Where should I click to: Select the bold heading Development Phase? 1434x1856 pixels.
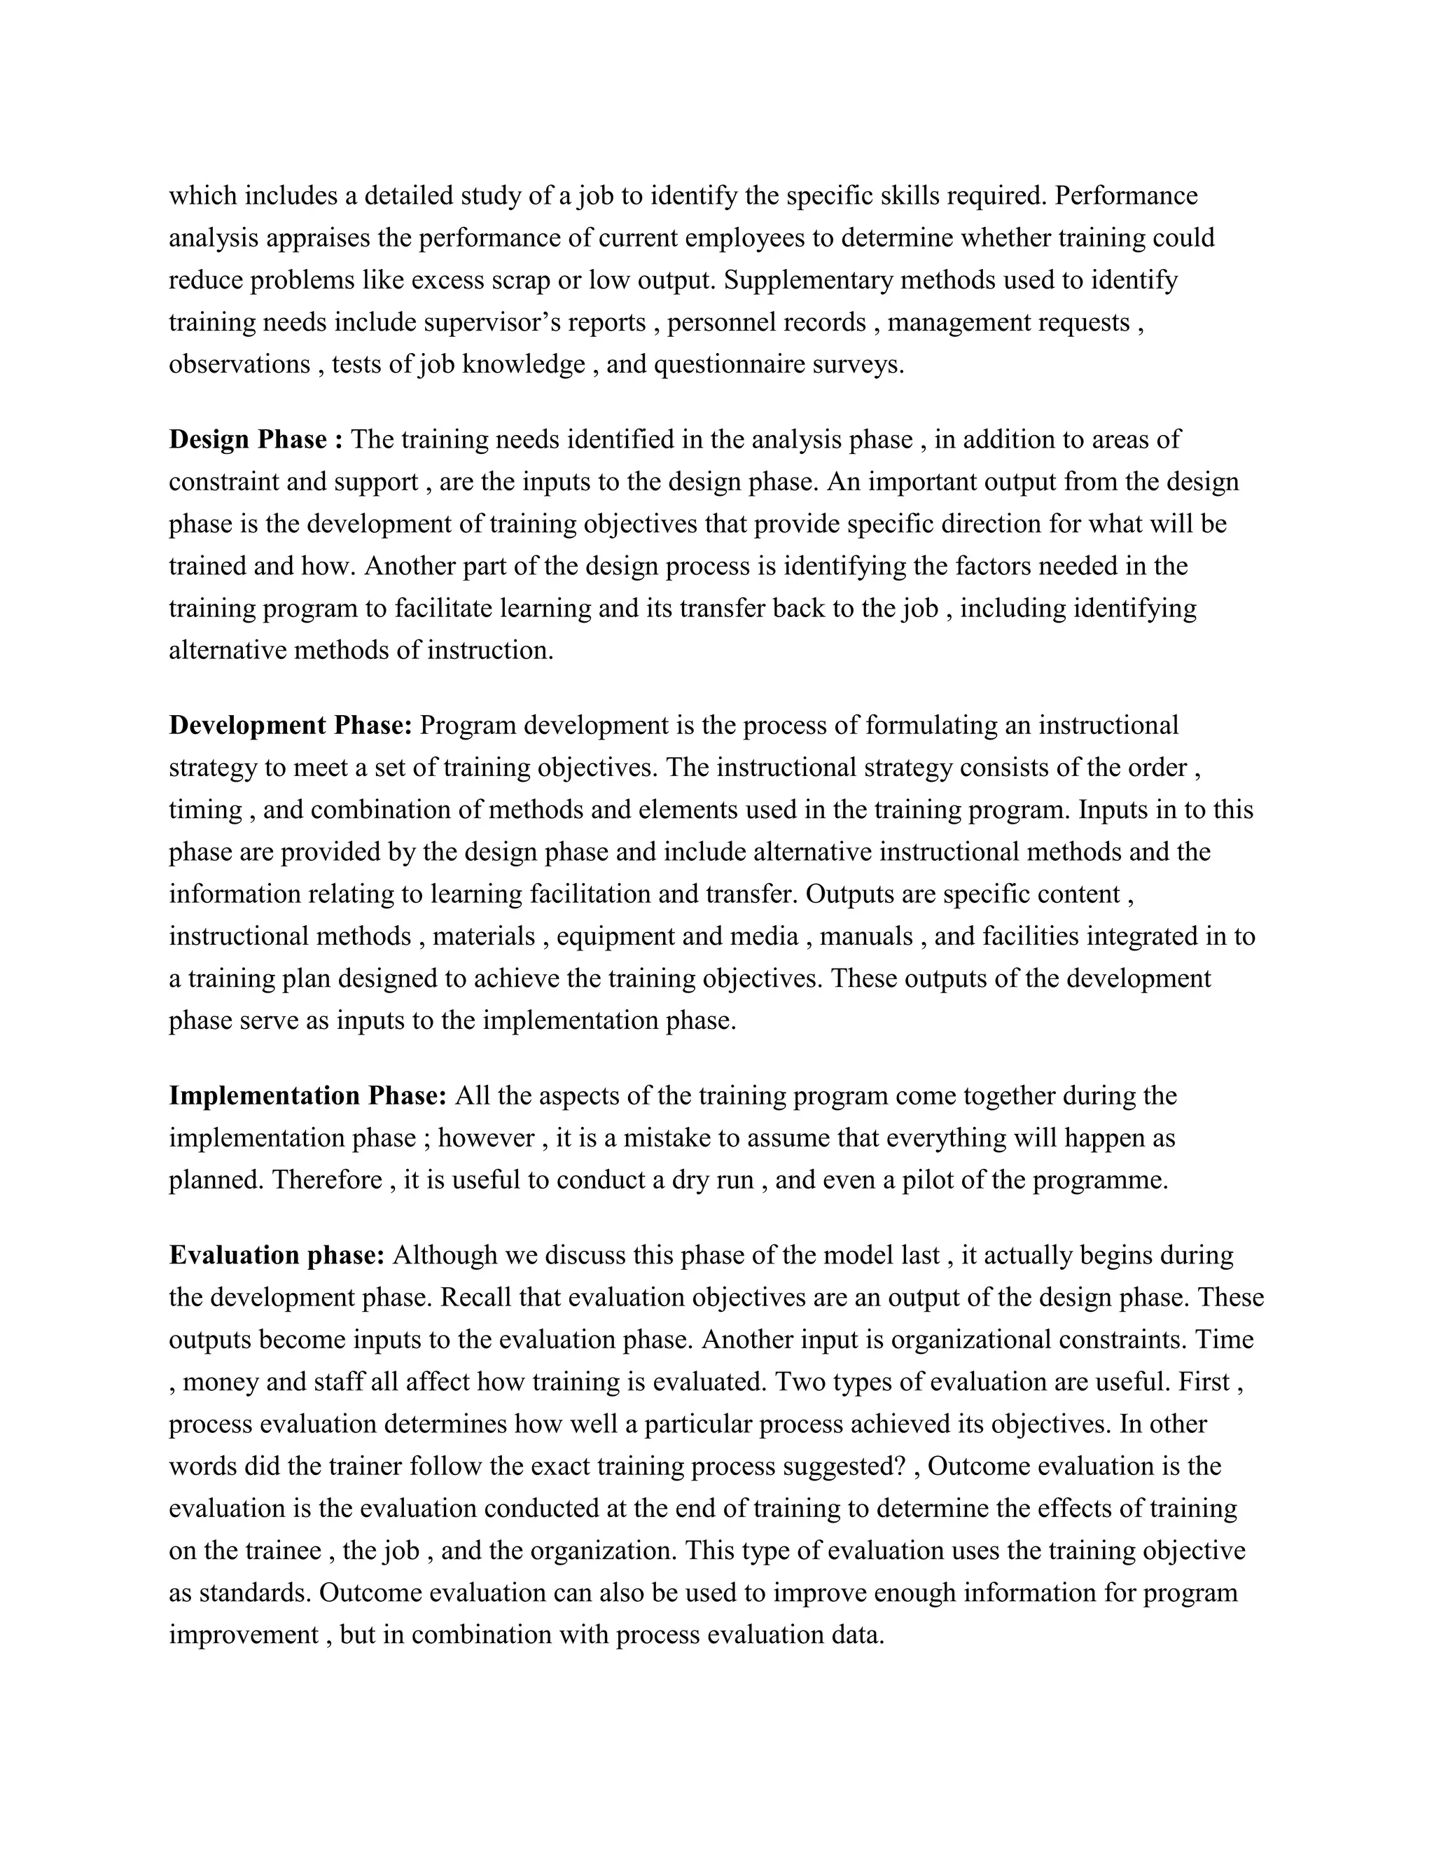coord(291,725)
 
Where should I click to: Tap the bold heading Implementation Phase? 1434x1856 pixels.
coord(307,1095)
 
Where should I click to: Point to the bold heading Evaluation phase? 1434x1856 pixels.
coord(277,1255)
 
